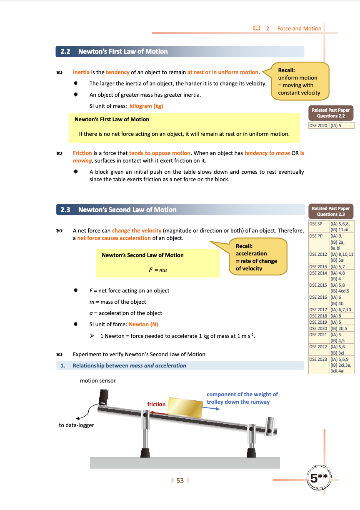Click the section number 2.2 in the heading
click(65, 52)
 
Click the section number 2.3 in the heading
click(65, 210)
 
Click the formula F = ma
click(157, 270)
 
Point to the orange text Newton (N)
click(143, 324)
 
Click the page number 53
click(180, 480)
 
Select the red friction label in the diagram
click(156, 404)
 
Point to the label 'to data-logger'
click(76, 425)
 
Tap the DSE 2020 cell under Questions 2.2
click(319, 125)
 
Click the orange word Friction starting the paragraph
click(82, 153)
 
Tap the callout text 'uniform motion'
click(297, 78)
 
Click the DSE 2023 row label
click(319, 359)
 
